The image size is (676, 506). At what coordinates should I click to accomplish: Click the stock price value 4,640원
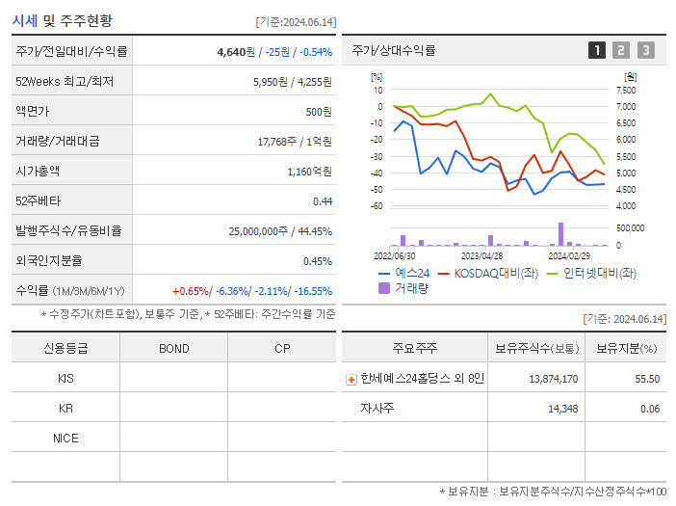tap(237, 52)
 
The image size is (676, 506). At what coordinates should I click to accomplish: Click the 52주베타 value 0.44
tap(322, 201)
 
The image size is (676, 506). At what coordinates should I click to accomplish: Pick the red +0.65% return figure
tap(191, 291)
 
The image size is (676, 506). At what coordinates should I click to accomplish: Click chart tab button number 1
tap(597, 50)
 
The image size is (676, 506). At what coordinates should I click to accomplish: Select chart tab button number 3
tap(645, 50)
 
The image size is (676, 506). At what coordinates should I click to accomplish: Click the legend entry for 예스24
tap(404, 273)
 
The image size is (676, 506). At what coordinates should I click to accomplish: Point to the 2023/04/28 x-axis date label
tap(482, 256)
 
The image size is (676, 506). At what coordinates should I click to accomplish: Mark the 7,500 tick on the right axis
tap(626, 90)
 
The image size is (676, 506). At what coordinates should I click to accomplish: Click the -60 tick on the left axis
tap(377, 206)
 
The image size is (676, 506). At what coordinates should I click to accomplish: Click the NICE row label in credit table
tap(65, 439)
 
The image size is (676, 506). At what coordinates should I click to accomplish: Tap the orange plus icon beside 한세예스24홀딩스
tap(351, 380)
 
